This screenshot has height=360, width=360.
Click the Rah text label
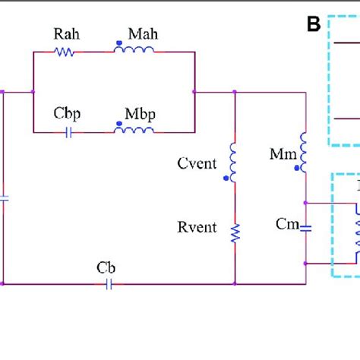pyautogui.click(x=64, y=35)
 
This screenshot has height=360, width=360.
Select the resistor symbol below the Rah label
pyautogui.click(x=64, y=52)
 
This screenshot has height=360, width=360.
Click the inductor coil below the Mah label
pyautogui.click(x=134, y=51)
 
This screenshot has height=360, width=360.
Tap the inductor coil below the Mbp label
pyautogui.click(x=134, y=130)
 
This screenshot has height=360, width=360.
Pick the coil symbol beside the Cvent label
pyautogui.click(x=233, y=163)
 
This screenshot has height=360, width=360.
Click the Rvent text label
pyautogui.click(x=198, y=228)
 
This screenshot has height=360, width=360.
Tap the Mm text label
pyautogui.click(x=279, y=154)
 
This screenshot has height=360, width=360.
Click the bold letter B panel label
pyautogui.click(x=313, y=25)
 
